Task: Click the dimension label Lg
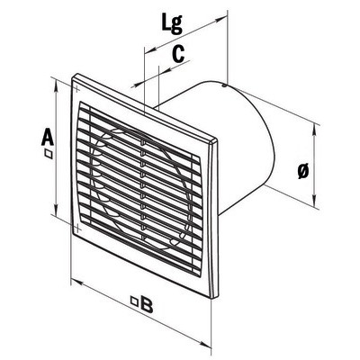[x=172, y=23]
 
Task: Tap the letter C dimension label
[x=178, y=54]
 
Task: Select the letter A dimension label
[x=48, y=138]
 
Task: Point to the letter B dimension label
[x=147, y=304]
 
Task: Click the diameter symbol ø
[x=303, y=171]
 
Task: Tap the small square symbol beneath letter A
[x=48, y=154]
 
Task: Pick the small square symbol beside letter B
[x=135, y=301]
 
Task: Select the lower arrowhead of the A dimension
[x=56, y=210]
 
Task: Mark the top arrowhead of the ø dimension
[x=314, y=129]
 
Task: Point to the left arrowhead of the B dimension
[x=76, y=283]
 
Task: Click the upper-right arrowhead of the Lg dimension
[x=221, y=20]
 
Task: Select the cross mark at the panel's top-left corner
[x=76, y=89]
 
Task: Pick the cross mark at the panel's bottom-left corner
[x=77, y=228]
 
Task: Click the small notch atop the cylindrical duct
[x=224, y=86]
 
